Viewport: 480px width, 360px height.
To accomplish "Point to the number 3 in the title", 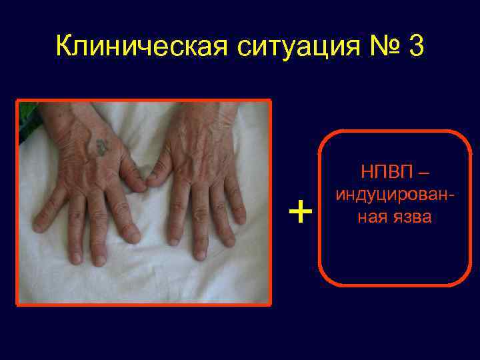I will click(415, 47).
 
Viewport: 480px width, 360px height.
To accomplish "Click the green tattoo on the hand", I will click(101, 146).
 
